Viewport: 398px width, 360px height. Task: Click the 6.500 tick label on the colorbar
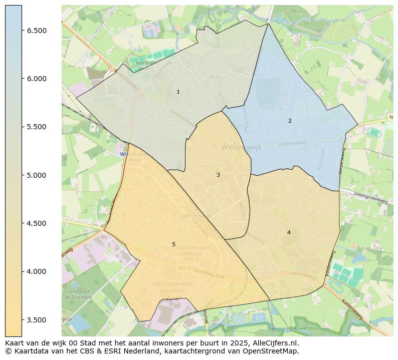[x=37, y=31]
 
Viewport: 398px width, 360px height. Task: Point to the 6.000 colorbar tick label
[x=37, y=79]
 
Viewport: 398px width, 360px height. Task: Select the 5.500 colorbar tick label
[x=37, y=127]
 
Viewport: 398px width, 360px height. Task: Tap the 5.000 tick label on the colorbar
[x=37, y=175]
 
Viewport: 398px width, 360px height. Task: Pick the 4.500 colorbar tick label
[x=37, y=223]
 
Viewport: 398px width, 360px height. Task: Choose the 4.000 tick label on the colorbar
[x=37, y=271]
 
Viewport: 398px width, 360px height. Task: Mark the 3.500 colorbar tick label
[x=37, y=320]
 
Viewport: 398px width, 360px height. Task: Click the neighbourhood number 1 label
[x=178, y=92]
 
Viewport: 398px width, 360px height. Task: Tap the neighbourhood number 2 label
[x=290, y=121]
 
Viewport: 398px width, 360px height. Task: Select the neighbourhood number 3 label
[x=218, y=175]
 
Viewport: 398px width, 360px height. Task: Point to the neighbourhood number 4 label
[x=289, y=232]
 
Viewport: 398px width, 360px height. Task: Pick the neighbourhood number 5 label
[x=173, y=244]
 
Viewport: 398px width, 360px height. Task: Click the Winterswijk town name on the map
[x=241, y=147]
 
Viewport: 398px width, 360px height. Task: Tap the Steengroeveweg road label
[x=370, y=197]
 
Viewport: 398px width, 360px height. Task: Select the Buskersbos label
[x=305, y=328]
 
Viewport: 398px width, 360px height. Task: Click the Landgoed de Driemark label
[x=79, y=294]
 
